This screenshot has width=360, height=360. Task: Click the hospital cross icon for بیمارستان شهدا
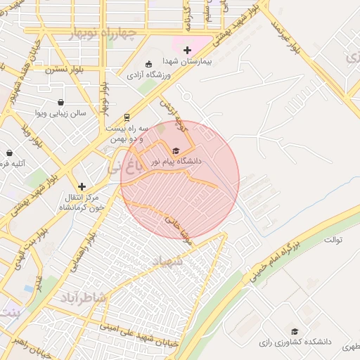point(186,50)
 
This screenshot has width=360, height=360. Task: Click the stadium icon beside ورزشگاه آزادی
point(148,63)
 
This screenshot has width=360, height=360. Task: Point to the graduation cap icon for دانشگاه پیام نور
point(175,150)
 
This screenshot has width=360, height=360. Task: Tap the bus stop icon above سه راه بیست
point(127,117)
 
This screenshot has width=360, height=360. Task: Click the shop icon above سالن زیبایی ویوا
point(61,102)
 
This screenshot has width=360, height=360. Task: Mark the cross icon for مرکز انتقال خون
point(82,186)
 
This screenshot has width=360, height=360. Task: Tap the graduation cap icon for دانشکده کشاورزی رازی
point(295,331)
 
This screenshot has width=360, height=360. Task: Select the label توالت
point(333,240)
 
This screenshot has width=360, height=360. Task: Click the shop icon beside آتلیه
point(9,153)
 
